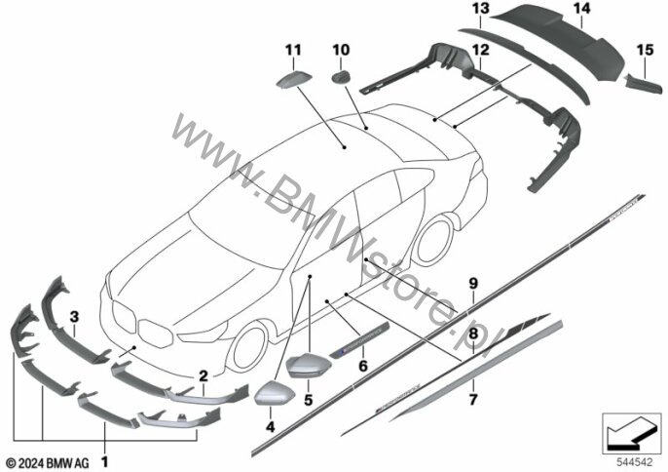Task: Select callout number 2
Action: pyautogui.click(x=203, y=374)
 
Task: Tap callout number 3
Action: pyautogui.click(x=72, y=314)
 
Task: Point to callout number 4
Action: pyautogui.click(x=270, y=425)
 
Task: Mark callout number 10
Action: pyautogui.click(x=341, y=49)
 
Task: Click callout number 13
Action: pyautogui.click(x=480, y=9)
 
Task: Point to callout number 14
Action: pyautogui.click(x=581, y=9)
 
